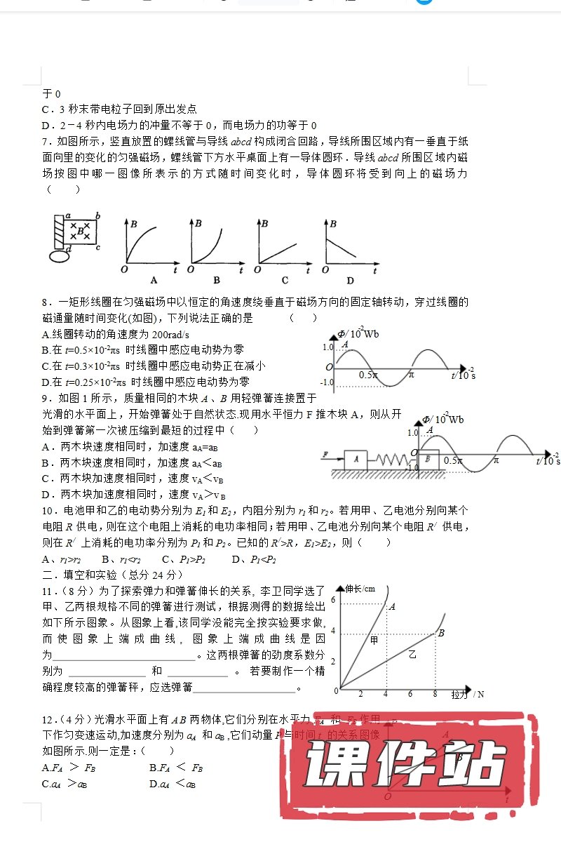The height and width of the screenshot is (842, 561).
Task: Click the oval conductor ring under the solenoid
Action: pos(59,257)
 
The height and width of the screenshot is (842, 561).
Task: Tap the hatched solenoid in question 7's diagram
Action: pos(58,232)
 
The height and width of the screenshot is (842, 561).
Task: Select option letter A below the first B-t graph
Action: pos(154,280)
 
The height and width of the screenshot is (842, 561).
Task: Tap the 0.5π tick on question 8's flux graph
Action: pos(368,375)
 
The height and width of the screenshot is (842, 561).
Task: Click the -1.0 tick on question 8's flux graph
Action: pos(327,382)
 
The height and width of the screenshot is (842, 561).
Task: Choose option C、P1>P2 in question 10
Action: pos(184,559)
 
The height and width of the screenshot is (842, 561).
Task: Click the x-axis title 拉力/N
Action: pos(467,694)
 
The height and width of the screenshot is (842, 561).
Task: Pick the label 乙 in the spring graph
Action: pos(412,654)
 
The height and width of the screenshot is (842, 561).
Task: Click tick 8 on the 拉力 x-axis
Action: pos(435,694)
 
